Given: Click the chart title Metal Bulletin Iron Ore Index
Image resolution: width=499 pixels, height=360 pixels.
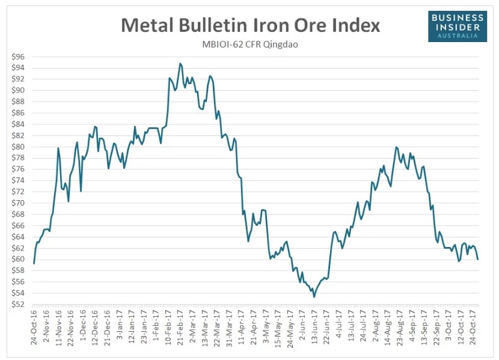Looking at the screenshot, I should click(x=251, y=26).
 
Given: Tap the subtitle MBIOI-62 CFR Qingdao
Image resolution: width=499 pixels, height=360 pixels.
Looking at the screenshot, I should click(x=251, y=44).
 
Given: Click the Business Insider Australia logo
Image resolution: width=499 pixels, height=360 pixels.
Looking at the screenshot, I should click(x=458, y=26).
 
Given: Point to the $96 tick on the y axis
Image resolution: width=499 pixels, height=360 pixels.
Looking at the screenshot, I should click(x=18, y=57).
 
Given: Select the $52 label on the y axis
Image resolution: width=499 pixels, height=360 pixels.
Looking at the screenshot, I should click(x=18, y=305).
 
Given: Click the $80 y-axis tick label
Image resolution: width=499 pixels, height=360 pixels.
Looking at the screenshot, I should click(x=18, y=147).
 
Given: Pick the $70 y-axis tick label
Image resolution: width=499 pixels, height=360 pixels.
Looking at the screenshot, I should click(x=18, y=203).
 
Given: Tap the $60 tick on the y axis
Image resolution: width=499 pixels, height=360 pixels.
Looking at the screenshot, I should click(x=18, y=260).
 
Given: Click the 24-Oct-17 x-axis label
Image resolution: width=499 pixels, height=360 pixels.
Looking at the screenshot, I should click(x=475, y=328).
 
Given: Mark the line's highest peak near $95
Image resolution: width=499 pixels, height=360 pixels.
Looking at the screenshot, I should click(x=180, y=63).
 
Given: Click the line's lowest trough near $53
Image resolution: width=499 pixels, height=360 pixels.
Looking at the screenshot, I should click(x=314, y=297).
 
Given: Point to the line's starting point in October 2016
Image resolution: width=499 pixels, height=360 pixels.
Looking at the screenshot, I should click(x=34, y=263).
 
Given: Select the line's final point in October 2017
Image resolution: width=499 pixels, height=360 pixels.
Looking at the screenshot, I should click(x=479, y=259).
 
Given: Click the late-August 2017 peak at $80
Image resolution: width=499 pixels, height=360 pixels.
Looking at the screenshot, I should click(x=396, y=147).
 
